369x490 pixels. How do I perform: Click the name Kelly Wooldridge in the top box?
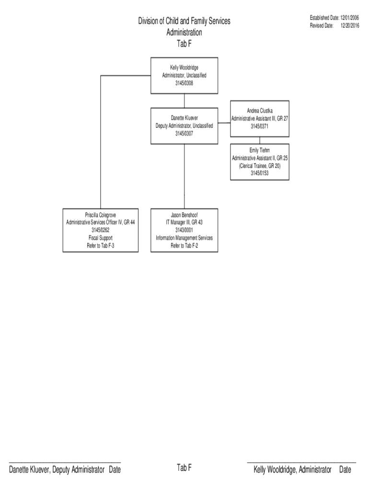(x=184, y=68)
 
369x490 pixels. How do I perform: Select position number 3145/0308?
(x=184, y=83)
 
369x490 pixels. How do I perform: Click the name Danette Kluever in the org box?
(x=184, y=118)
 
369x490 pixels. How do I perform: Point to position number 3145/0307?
(x=184, y=134)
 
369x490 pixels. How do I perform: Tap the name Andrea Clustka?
(x=260, y=111)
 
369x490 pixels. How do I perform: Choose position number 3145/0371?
(x=260, y=127)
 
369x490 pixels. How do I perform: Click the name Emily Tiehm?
(x=260, y=150)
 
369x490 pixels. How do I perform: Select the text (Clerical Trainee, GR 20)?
(x=260, y=166)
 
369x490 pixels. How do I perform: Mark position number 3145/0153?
(x=260, y=173)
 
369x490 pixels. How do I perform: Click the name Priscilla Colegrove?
(x=101, y=215)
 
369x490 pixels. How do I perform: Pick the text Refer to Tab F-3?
(x=101, y=245)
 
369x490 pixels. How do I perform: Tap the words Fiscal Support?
(x=101, y=238)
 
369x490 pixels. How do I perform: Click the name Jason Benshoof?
(x=184, y=215)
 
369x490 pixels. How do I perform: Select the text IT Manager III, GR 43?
(x=184, y=223)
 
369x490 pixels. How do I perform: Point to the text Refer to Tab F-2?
(x=184, y=245)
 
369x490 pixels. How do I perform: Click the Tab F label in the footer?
(x=184, y=468)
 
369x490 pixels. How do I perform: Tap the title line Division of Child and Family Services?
(x=184, y=21)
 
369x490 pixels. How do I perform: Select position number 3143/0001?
(x=184, y=230)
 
